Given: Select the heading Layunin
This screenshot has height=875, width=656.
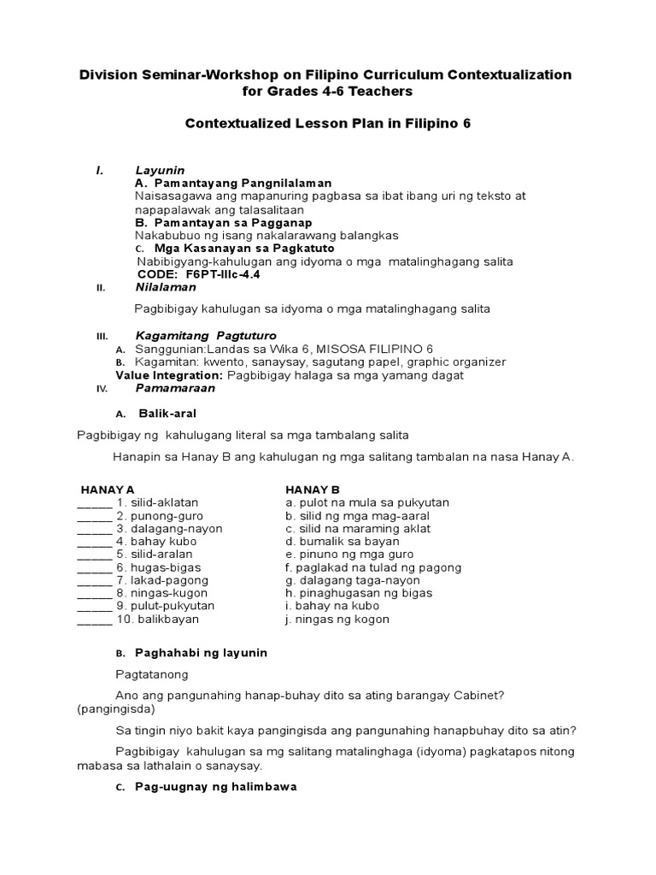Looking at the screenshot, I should pos(160,171).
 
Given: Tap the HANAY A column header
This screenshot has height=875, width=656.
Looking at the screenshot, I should pos(108,490).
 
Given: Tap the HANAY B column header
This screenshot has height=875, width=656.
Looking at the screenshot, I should pos(313,490).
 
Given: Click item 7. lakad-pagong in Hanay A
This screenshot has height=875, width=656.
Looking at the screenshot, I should pos(160,580).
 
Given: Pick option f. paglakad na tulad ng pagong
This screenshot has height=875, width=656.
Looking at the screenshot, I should pos(373,567).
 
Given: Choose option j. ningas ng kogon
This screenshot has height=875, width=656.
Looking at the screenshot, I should pos(337,619).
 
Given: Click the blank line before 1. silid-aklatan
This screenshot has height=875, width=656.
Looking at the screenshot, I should pos(95,503).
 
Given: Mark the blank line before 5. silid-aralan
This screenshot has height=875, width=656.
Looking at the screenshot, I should pos(95,555).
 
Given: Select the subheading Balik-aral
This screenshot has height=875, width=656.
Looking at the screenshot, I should pos(173,414).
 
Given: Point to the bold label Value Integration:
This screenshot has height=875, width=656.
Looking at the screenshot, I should pos(170,375).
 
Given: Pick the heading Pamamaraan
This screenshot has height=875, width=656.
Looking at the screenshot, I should pos(175,388).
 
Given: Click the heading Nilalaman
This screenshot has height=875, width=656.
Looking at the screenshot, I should pos(166,287).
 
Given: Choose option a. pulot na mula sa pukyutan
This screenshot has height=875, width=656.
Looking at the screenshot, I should pos(367,503).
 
